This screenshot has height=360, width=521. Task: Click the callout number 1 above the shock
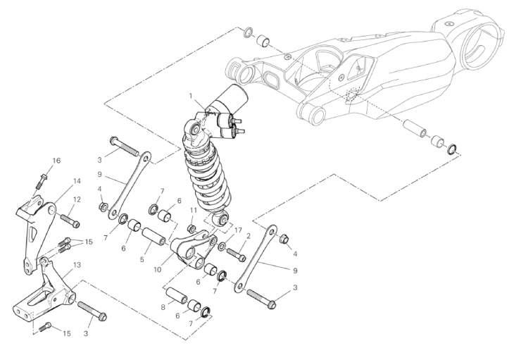click(x=191, y=96)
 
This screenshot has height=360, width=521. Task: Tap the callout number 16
click(x=56, y=161)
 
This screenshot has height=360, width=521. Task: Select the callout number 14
click(x=77, y=181)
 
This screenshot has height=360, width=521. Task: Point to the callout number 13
click(x=77, y=265)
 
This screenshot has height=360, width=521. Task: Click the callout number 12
click(x=77, y=199)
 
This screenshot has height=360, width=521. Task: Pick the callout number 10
click(x=158, y=270)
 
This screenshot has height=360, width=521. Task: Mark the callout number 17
click(x=238, y=230)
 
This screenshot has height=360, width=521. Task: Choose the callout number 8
click(x=163, y=307)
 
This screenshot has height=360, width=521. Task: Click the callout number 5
click(x=142, y=260)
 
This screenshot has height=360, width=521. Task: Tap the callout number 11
click(x=194, y=210)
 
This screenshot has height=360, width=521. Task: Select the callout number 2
click(x=248, y=236)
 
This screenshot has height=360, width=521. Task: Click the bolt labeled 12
click(x=70, y=221)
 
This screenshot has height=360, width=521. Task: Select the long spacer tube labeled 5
click(x=154, y=236)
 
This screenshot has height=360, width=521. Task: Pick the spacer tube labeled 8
click(x=177, y=295)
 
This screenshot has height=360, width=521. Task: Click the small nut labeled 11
click(x=192, y=229)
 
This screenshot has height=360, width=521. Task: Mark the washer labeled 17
click(x=222, y=247)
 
